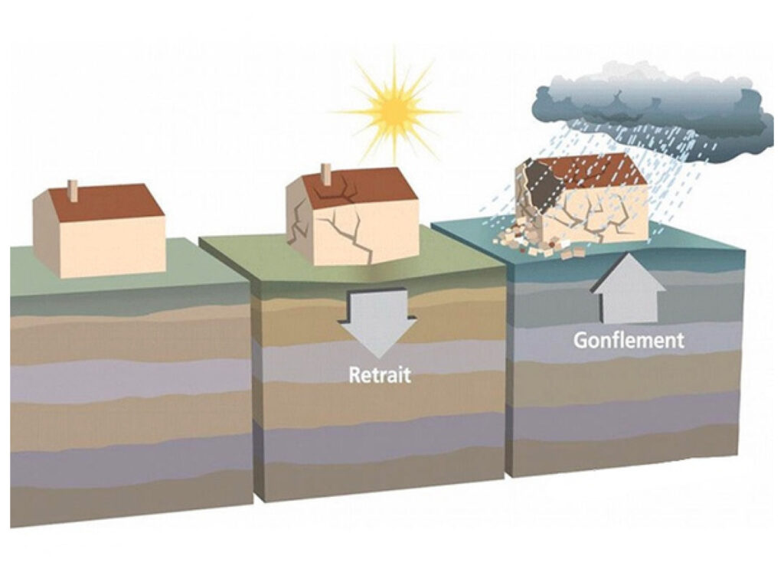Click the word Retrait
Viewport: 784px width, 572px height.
[x=380, y=376]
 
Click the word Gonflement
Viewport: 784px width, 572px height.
[x=629, y=339]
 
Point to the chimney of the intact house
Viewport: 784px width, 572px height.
[x=73, y=191]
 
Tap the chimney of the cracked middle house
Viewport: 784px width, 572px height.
[x=325, y=175]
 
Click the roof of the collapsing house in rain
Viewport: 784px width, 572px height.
[x=601, y=169]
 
